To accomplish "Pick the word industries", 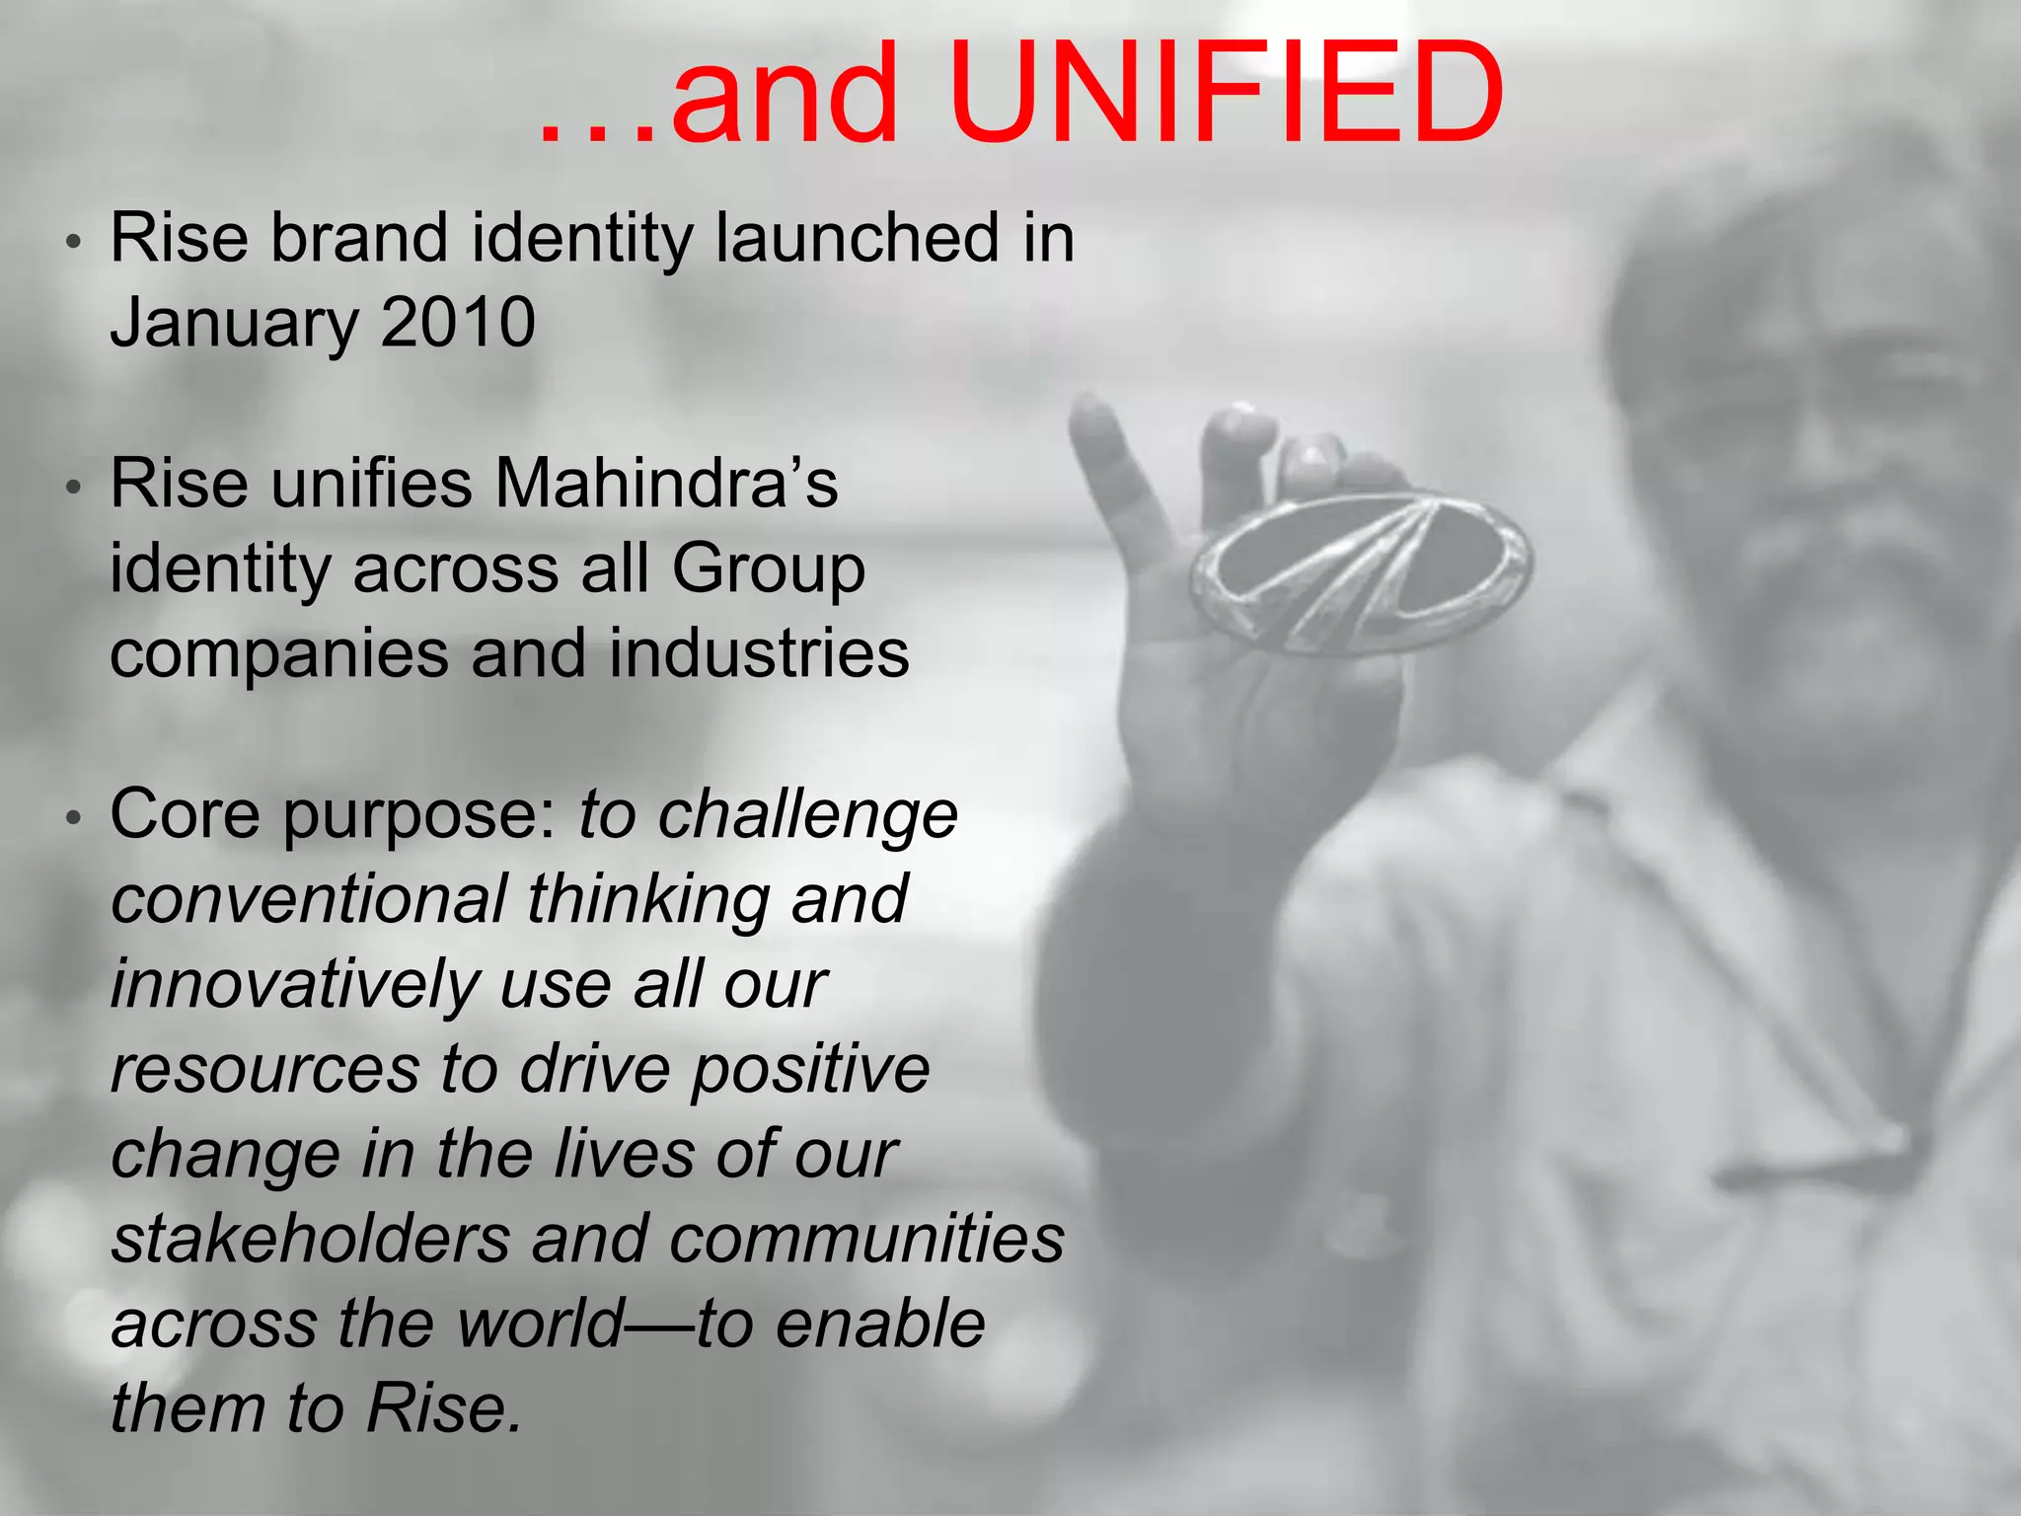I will pos(759,653).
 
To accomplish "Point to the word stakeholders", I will pos(310,1239).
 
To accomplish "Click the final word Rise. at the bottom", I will pos(443,1408).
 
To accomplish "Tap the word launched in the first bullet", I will pos(857,239).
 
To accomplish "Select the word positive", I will pos(809,1070).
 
